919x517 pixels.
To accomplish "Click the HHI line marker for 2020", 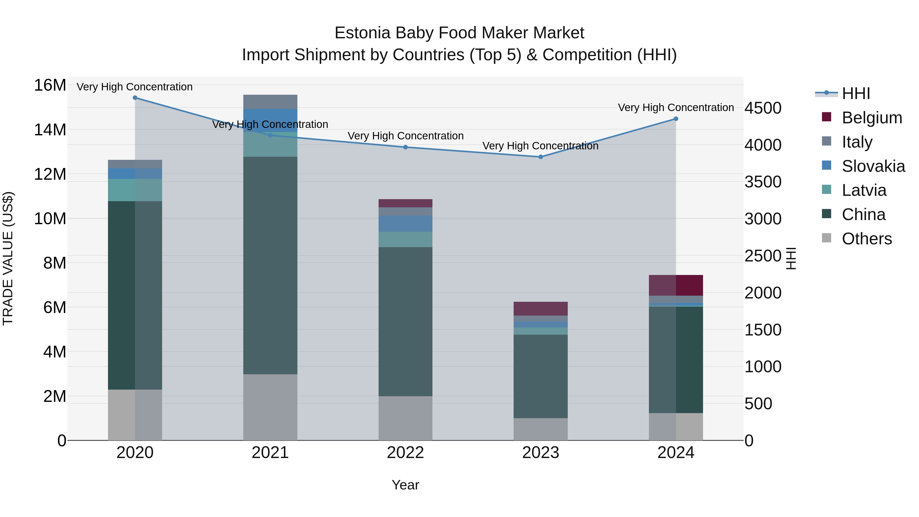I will click(135, 98).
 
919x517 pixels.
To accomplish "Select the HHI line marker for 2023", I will click(540, 157).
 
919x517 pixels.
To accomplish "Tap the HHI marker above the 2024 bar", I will click(676, 119).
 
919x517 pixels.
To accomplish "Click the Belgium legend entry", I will click(872, 118).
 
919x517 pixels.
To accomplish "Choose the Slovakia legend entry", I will click(873, 166).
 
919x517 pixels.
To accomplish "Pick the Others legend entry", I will click(867, 239).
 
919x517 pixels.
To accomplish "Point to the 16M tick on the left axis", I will click(50, 85).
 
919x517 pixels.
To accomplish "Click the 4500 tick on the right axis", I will click(763, 108).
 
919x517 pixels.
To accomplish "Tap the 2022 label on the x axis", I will click(405, 453).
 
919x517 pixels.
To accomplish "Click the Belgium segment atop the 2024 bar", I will click(676, 285).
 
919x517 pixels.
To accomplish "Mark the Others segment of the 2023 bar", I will click(540, 429).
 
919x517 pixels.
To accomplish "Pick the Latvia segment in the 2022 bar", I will click(405, 239).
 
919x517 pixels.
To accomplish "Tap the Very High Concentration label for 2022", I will click(406, 136).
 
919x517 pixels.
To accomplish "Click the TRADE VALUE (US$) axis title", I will click(8, 258).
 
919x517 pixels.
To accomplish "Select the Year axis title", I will click(405, 485).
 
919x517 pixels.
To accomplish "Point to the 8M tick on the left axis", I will click(55, 263).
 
